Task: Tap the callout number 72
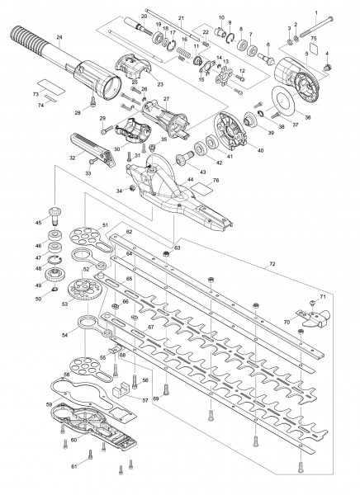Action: pyautogui.click(x=272, y=264)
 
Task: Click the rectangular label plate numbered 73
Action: pyautogui.click(x=49, y=84)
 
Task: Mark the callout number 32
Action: pyautogui.click(x=72, y=157)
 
